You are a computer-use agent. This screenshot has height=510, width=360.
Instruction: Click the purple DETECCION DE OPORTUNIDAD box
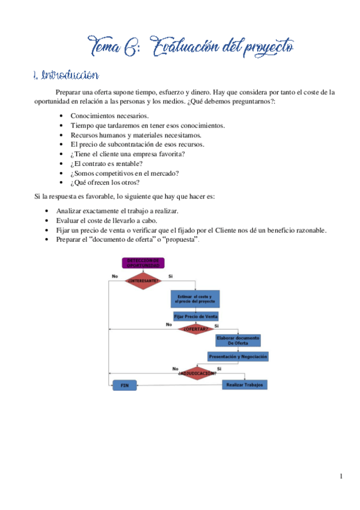pos(143,263)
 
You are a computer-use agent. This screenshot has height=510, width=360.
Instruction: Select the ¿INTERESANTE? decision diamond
pos(143,281)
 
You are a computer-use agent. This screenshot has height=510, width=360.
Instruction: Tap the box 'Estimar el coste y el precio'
pos(195,299)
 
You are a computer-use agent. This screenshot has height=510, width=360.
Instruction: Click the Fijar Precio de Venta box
pos(195,316)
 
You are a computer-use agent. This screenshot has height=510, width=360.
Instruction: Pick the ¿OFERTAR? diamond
pos(195,329)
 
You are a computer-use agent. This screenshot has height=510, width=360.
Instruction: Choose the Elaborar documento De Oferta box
pos(238,341)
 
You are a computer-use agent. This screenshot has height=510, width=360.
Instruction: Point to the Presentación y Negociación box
pos(238,357)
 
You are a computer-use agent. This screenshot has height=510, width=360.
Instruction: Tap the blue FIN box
pos(124,384)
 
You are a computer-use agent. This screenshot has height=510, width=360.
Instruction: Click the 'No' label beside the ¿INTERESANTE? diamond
pos(115,276)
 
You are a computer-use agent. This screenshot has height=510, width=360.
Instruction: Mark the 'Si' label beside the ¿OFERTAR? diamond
pos(217,325)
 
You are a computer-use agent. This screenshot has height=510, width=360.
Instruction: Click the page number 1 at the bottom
pos(341,477)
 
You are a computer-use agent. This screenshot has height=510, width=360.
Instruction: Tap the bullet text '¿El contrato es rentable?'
pos(106,164)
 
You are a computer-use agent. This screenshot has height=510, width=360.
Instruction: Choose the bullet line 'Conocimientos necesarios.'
pos(110,115)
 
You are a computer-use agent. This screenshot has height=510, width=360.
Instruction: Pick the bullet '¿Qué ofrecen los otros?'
pos(105,183)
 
